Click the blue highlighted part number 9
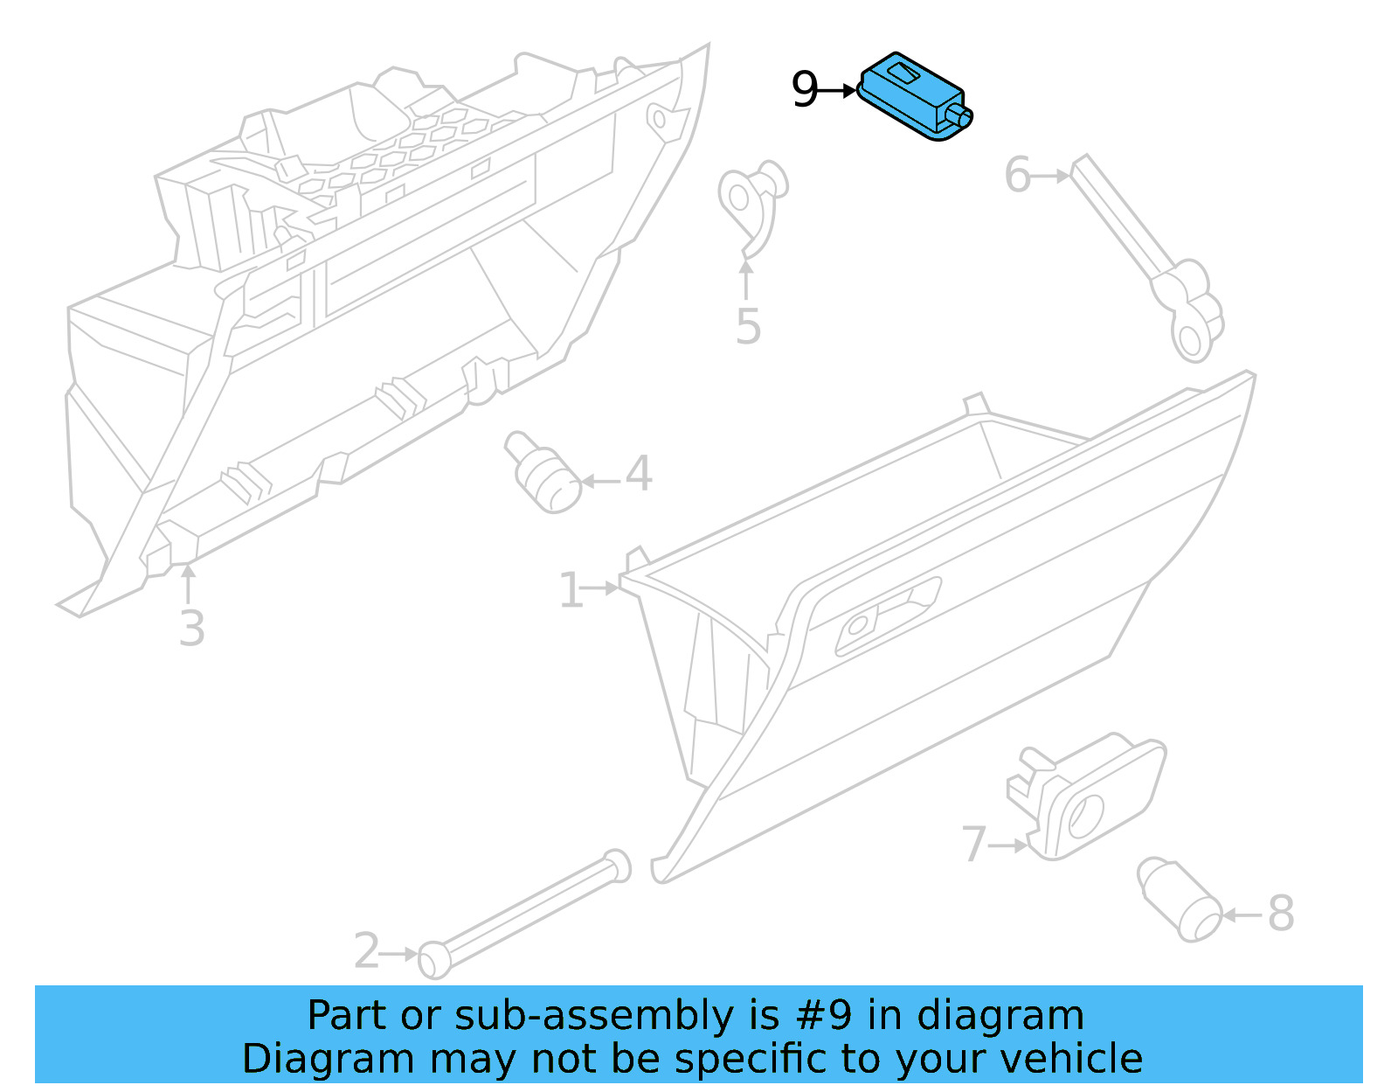pyautogui.click(x=913, y=98)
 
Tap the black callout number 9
pyautogui.click(x=804, y=90)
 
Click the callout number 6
pyautogui.click(x=1017, y=175)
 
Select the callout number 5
pyautogui.click(x=748, y=326)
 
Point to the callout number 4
pyautogui.click(x=639, y=474)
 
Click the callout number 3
pyautogui.click(x=191, y=629)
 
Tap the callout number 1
pyautogui.click(x=570, y=590)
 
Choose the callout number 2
pyautogui.click(x=366, y=951)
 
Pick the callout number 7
pyautogui.click(x=973, y=845)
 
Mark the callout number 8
pyautogui.click(x=1280, y=915)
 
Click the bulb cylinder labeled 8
pyautogui.click(x=1180, y=900)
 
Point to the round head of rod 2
pyautogui.click(x=434, y=960)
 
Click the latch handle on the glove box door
pyautogui.click(x=887, y=616)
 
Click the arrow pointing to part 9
pyautogui.click(x=841, y=90)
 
